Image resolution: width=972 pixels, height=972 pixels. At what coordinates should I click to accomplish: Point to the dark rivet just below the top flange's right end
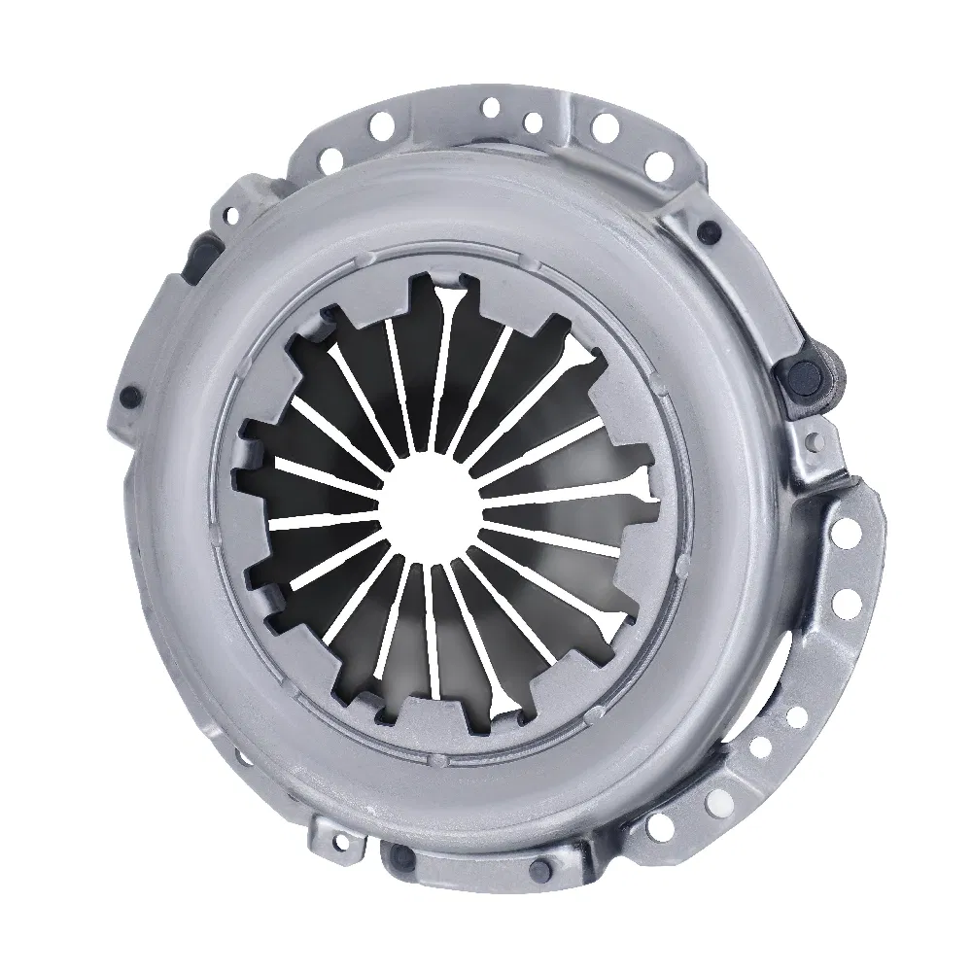tap(709, 231)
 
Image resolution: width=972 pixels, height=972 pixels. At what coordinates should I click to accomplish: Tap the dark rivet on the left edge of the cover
tap(127, 396)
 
